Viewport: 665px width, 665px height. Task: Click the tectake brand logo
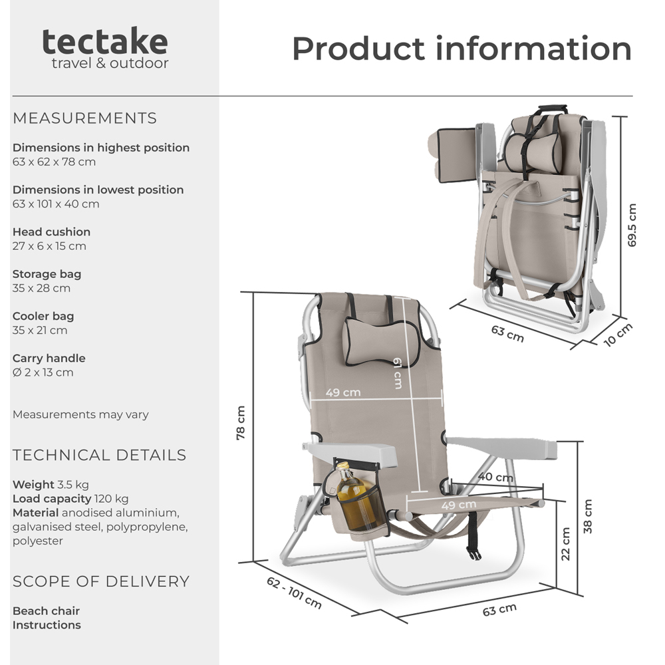tap(105, 43)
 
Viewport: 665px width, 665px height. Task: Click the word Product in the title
tap(358, 49)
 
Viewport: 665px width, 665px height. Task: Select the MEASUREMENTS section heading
tap(84, 118)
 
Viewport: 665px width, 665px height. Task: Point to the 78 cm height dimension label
tap(241, 422)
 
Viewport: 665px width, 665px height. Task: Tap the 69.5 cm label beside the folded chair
tap(632, 225)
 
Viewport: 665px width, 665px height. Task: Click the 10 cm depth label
tap(617, 334)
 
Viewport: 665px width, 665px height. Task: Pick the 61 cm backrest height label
tap(397, 372)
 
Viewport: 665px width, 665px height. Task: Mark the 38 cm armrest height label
tap(587, 516)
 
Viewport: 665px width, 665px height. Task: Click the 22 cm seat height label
tap(565, 544)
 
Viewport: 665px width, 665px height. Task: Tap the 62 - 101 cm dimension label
tap(294, 592)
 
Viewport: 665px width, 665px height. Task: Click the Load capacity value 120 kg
tap(111, 499)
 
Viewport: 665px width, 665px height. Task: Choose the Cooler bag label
tap(43, 316)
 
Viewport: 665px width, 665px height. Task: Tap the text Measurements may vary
tap(80, 414)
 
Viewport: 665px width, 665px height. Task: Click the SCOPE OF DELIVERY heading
tap(101, 581)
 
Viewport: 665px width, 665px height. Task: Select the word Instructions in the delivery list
tap(47, 625)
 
